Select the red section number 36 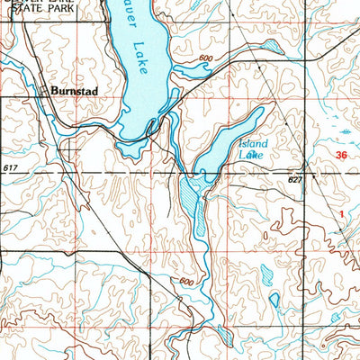(340, 156)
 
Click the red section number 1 (344, 212)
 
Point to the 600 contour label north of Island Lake (208, 59)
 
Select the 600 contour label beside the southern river (187, 281)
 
